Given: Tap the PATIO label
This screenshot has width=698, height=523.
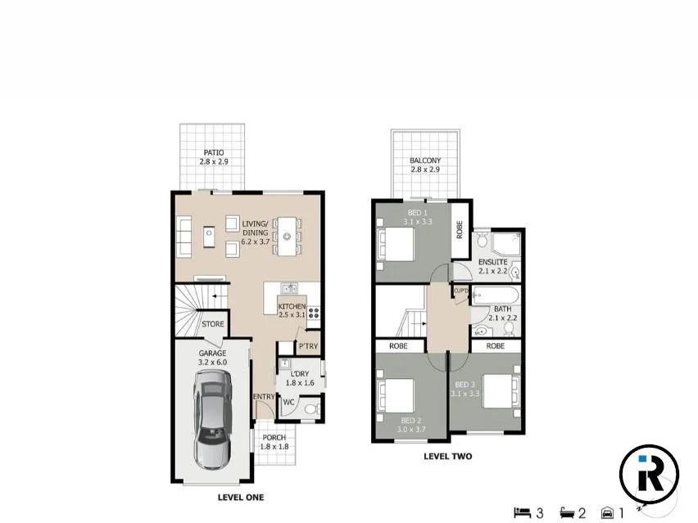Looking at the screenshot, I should click(213, 153).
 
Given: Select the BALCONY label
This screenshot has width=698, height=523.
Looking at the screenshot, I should click(425, 160).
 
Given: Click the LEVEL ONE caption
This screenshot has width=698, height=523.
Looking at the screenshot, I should click(240, 497).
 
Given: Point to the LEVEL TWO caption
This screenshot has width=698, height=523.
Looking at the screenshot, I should click(447, 457).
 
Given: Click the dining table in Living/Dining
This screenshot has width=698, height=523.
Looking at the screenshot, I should click(287, 235).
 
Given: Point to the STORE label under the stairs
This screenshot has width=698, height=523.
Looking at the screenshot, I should click(213, 324).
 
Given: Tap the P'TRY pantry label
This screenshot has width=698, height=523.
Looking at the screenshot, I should click(308, 348).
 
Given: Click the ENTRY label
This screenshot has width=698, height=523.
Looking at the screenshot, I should click(264, 397).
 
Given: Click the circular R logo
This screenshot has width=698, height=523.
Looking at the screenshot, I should click(648, 473).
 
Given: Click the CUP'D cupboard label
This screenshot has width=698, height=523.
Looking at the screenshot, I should click(460, 291).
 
